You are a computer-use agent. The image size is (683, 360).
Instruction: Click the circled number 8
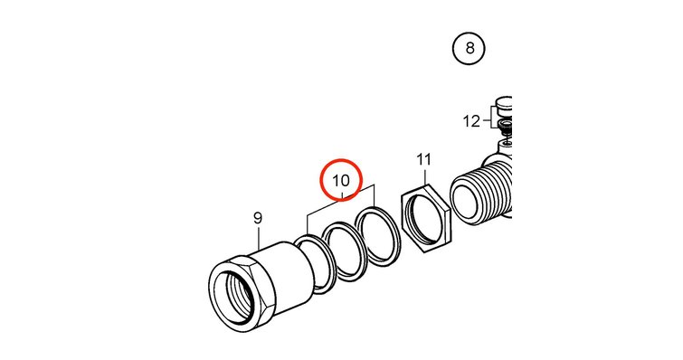point(469,48)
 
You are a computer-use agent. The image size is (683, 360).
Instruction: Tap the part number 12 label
point(471,121)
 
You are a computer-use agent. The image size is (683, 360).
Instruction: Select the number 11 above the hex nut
point(423,160)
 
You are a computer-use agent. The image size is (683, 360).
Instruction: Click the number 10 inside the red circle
point(341,180)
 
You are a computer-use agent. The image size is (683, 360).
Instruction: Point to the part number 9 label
point(258,218)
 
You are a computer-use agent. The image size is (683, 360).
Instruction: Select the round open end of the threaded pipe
point(465,197)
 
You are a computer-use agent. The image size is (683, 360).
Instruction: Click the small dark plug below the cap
point(506,128)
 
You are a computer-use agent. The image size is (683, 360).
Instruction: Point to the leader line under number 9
point(259,238)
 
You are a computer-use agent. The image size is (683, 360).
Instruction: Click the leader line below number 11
point(424,175)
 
